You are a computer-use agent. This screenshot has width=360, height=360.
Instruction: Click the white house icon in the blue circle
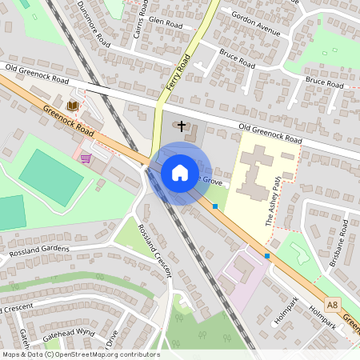click(179, 172)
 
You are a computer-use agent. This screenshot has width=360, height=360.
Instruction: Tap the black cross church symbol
click(182, 126)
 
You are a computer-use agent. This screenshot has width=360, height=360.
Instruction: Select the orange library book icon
click(73, 106)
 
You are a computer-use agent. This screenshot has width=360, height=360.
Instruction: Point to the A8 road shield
click(331, 303)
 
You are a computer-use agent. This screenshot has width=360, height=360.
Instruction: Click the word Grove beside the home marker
click(211, 182)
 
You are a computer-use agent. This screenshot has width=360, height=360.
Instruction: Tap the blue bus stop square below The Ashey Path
click(267, 256)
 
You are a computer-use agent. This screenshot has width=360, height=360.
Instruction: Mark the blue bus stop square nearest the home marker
click(215, 206)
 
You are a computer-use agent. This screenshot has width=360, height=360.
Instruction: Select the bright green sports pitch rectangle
click(50, 177)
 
